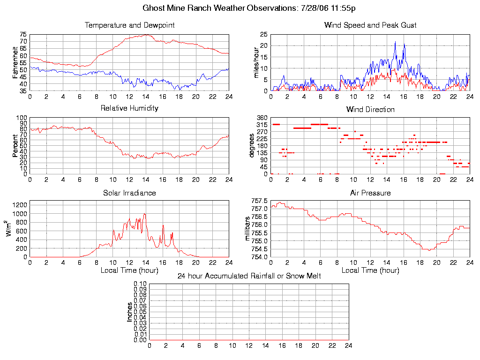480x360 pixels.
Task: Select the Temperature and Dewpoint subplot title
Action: click(x=129, y=25)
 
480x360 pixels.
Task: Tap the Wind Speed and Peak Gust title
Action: click(x=370, y=25)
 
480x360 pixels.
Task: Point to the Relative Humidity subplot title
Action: click(x=129, y=108)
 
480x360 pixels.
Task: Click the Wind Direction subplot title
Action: click(x=370, y=110)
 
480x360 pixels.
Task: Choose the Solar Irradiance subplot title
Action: click(x=129, y=193)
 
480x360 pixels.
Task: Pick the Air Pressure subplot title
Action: click(x=370, y=193)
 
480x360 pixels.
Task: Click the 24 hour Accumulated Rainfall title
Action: click(x=249, y=276)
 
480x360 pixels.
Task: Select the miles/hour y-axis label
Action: click(x=256, y=63)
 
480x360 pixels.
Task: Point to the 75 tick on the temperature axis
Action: click(x=23, y=35)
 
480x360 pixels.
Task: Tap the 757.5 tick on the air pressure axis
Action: click(x=260, y=201)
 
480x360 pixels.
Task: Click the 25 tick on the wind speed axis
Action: click(x=263, y=35)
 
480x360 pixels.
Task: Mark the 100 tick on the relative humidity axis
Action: click(x=22, y=118)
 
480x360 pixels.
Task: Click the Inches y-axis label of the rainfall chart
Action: click(x=130, y=312)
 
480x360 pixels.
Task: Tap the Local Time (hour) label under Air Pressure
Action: click(x=370, y=270)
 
